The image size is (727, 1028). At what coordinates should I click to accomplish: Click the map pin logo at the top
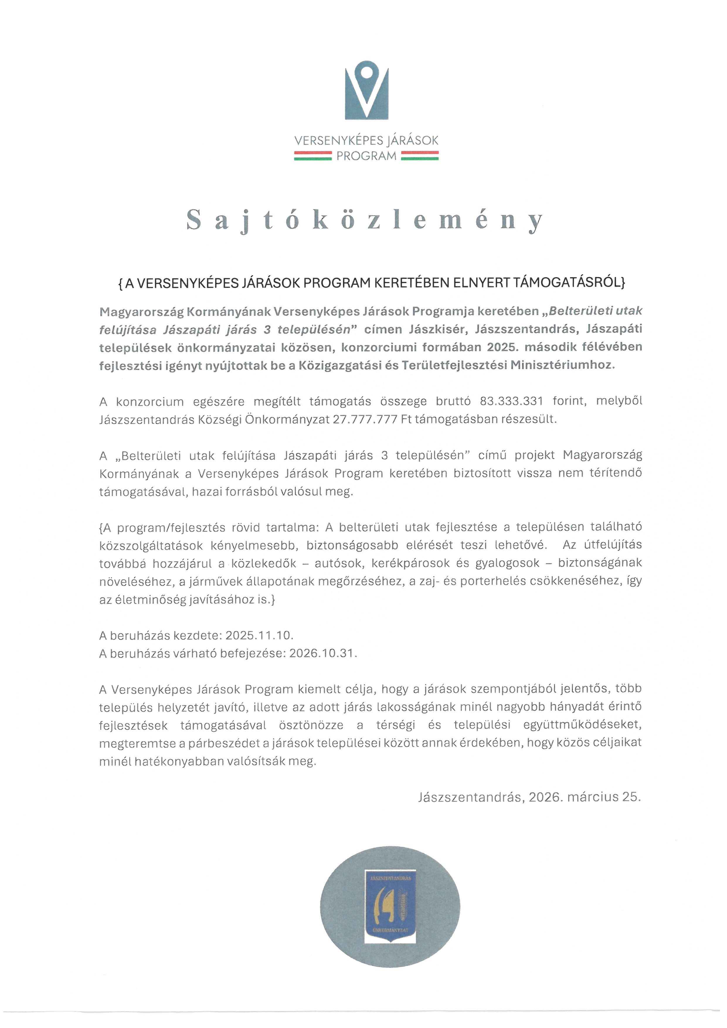(x=366, y=89)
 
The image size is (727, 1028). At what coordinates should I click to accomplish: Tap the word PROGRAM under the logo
(x=366, y=156)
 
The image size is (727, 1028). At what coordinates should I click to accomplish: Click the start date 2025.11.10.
(x=259, y=635)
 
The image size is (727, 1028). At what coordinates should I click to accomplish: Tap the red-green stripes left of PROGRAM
(x=312, y=156)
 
